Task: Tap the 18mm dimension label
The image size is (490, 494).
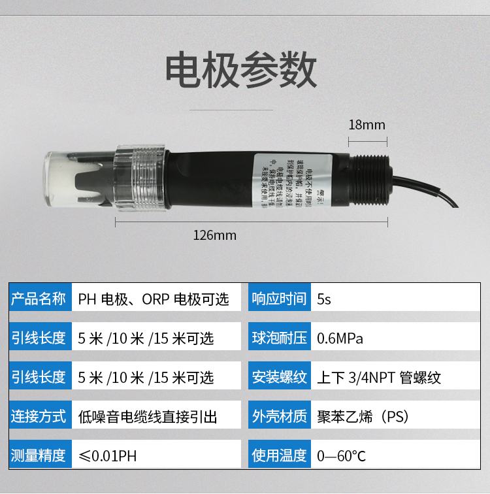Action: pos(367,125)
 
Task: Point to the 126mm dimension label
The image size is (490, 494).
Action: pos(214,235)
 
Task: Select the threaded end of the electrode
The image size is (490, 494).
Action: pos(372,178)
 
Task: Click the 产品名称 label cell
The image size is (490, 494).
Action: pos(39,299)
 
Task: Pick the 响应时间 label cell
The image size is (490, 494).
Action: pos(279,299)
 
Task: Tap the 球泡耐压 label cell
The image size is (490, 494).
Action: pos(279,338)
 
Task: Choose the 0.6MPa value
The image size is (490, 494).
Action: pos(340,338)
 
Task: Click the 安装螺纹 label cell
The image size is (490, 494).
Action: pos(279,378)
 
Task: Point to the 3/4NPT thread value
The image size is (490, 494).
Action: pos(379,378)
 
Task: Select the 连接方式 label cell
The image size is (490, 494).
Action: pos(39,417)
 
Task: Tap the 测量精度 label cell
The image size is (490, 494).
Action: pos(39,456)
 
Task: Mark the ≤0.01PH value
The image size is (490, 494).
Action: pos(107,456)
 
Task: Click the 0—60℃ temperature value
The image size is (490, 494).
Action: pos(342,456)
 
